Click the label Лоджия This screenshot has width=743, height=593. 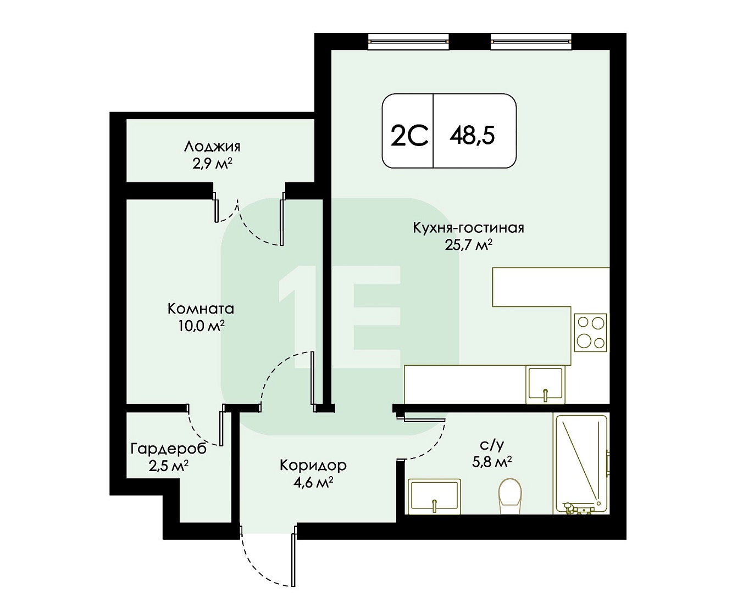click(x=212, y=147)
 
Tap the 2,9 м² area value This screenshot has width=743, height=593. click(x=212, y=164)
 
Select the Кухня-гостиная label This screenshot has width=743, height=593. click(x=469, y=228)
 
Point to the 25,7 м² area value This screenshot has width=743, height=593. click(x=469, y=245)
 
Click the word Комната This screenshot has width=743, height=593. click(x=201, y=309)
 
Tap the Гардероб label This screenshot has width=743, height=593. click(x=169, y=449)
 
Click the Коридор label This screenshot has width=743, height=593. click(x=313, y=466)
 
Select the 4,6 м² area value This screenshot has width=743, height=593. click(x=313, y=482)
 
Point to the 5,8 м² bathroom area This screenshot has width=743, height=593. click(x=492, y=462)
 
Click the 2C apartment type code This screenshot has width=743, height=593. click(x=409, y=136)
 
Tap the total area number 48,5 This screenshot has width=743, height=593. click(x=472, y=135)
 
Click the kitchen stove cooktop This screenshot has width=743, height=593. click(x=590, y=333)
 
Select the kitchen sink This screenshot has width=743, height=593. click(x=545, y=385)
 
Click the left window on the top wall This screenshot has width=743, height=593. click(x=408, y=41)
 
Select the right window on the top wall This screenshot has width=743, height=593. click(x=531, y=41)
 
